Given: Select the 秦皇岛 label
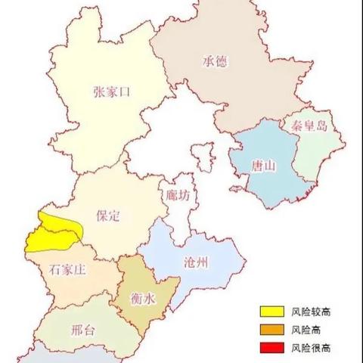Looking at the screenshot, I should pyautogui.click(x=306, y=127).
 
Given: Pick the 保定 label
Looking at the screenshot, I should pyautogui.click(x=109, y=216).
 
